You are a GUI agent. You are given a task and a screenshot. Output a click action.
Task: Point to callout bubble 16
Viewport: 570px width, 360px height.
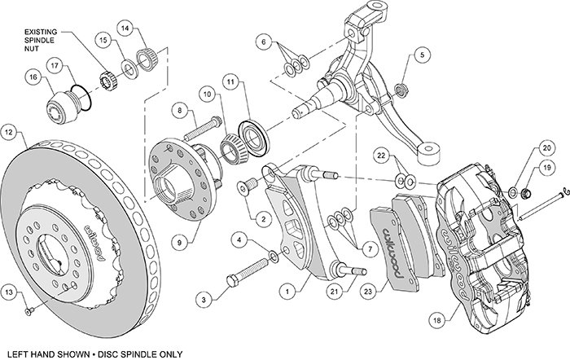coord(33,77)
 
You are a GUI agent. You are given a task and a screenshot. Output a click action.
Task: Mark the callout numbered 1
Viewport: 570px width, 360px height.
coord(286,288)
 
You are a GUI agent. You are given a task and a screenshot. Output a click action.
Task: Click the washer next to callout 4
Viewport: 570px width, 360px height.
coord(274,257)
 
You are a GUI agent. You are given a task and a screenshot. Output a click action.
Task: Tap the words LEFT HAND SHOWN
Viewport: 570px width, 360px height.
coord(48,352)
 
